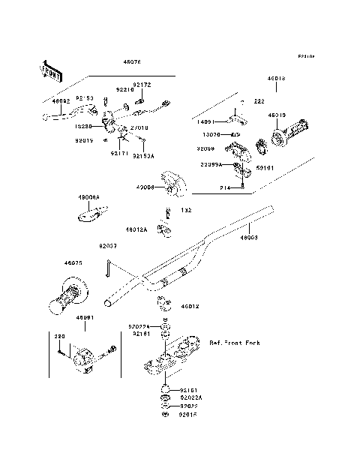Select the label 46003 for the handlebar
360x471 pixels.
pos(250,237)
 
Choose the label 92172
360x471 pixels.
pos(142,85)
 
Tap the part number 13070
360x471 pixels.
pos(207,136)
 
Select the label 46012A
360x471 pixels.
pos(136,229)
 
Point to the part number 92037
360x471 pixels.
pos(108,245)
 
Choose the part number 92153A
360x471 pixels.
pos(144,156)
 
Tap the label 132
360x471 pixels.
pos(186,211)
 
